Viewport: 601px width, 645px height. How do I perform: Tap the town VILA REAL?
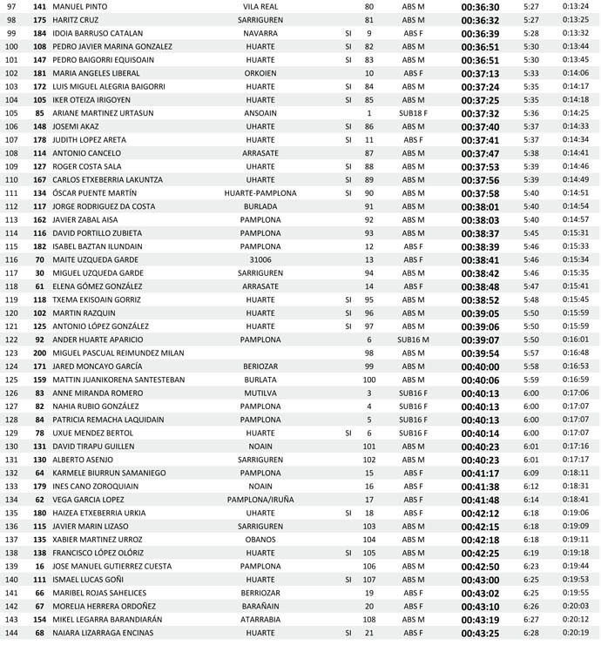point(260,6)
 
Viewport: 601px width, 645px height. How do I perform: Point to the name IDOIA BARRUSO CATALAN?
point(98,33)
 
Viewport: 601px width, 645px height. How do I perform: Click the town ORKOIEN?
point(260,73)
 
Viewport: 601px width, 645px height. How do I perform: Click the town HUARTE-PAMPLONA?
point(260,192)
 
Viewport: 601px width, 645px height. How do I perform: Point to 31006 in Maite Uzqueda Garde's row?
point(260,259)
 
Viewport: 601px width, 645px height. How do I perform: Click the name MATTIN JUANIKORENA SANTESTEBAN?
point(118,380)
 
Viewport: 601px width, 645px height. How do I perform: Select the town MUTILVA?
point(260,393)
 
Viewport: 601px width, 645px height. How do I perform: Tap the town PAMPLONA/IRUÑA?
point(260,499)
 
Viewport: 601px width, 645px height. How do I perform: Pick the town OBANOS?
point(260,539)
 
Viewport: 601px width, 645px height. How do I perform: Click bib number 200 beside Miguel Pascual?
point(39,353)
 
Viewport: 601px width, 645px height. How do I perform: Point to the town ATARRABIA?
point(260,619)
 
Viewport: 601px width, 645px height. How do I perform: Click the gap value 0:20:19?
point(575,632)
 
